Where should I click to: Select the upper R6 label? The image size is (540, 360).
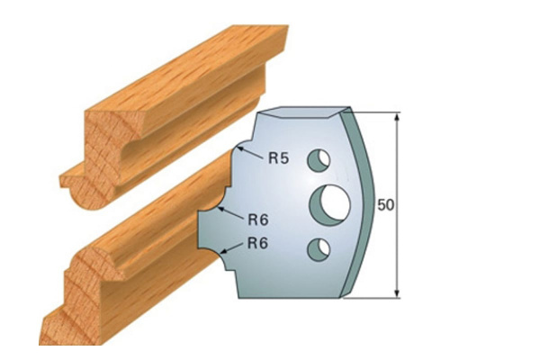click(x=258, y=218)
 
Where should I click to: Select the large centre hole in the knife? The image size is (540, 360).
click(x=328, y=203)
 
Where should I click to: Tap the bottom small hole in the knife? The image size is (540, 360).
click(x=318, y=247)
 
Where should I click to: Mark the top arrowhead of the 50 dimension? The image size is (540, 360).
click(x=396, y=117)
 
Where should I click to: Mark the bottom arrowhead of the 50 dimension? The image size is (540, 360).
click(x=396, y=292)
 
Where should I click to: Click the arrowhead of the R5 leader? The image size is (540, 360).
click(x=238, y=146)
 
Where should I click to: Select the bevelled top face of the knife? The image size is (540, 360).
click(x=301, y=114)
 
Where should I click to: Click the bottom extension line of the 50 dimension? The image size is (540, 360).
click(x=373, y=297)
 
